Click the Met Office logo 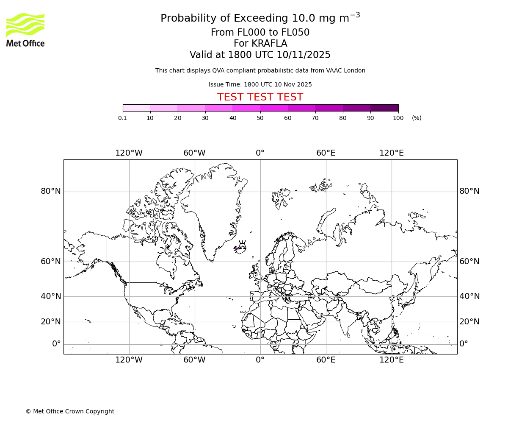click(x=25, y=30)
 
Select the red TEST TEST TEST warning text click(x=260, y=97)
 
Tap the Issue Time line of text click(x=260, y=84)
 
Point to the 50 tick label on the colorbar click(x=260, y=118)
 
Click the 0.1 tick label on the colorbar click(x=123, y=118)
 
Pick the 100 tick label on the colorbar click(x=398, y=118)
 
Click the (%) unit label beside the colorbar click(x=417, y=118)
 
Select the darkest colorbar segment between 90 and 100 click(x=384, y=108)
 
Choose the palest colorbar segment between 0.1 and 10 click(x=136, y=108)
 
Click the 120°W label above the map click(x=129, y=153)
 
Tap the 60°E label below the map click(x=326, y=360)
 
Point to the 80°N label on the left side click(x=51, y=191)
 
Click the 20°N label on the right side click(x=469, y=322)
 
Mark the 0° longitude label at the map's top click(x=260, y=153)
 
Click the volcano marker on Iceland click(x=242, y=246)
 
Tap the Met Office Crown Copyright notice click(x=70, y=411)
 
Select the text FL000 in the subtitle click(x=243, y=33)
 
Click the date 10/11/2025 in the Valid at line click(x=304, y=55)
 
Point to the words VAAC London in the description click(x=347, y=70)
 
